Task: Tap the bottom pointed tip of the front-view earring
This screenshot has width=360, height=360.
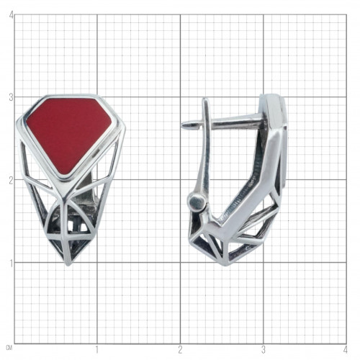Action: coord(68,264)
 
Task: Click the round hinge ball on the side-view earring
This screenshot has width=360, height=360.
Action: coord(197,202)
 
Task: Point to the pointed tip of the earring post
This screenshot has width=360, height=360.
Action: coord(182,125)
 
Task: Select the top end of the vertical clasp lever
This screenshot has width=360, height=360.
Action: coord(205,99)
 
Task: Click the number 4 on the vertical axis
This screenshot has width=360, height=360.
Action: coord(11,16)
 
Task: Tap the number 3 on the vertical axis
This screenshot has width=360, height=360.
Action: coord(11,98)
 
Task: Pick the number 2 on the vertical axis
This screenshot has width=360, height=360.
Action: coord(11,181)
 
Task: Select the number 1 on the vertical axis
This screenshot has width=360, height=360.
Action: coord(11,264)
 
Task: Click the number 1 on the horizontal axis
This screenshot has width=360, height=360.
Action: coord(97,350)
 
